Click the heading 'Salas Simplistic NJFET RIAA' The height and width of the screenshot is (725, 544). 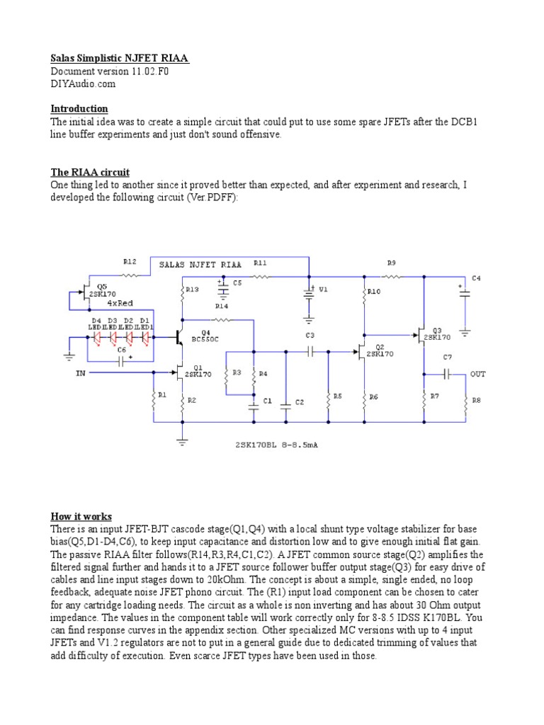(x=120, y=58)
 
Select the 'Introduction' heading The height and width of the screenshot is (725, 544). (x=79, y=108)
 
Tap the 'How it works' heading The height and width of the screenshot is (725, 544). (x=81, y=516)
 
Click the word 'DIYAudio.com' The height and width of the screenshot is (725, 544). (x=83, y=84)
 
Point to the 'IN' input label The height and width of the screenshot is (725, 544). (x=79, y=373)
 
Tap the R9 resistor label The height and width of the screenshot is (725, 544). (x=392, y=263)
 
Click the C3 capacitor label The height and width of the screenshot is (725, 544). (x=310, y=335)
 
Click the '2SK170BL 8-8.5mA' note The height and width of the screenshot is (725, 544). (x=277, y=445)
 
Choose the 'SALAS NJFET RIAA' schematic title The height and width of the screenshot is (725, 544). (x=198, y=264)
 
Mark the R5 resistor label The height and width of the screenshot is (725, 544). (x=337, y=396)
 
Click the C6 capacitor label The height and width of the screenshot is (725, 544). (x=121, y=350)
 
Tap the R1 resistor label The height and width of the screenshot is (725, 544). (x=162, y=395)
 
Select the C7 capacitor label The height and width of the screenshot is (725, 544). (x=447, y=357)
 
